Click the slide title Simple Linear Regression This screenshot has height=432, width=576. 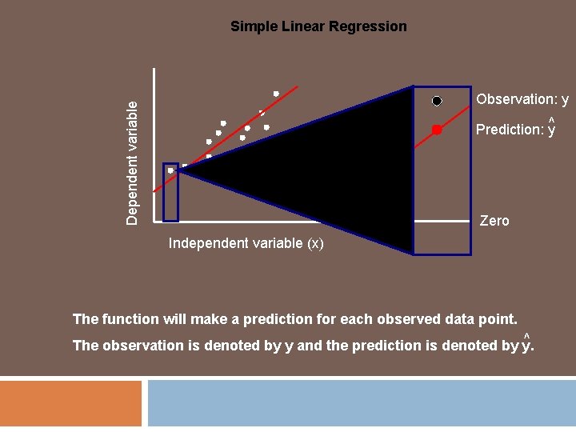point(318,26)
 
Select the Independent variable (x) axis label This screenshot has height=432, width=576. point(246,243)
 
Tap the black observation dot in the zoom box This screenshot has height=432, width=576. point(437,101)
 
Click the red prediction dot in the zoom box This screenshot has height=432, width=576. point(437,130)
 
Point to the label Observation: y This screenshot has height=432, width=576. point(522,99)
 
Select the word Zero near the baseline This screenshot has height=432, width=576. point(494,221)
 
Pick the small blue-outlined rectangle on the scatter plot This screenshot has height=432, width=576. point(170,192)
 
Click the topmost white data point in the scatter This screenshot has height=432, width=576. point(276,94)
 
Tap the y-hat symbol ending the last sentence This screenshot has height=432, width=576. point(526,345)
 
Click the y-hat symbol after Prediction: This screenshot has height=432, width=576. point(551,128)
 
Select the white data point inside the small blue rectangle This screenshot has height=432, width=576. point(170,170)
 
